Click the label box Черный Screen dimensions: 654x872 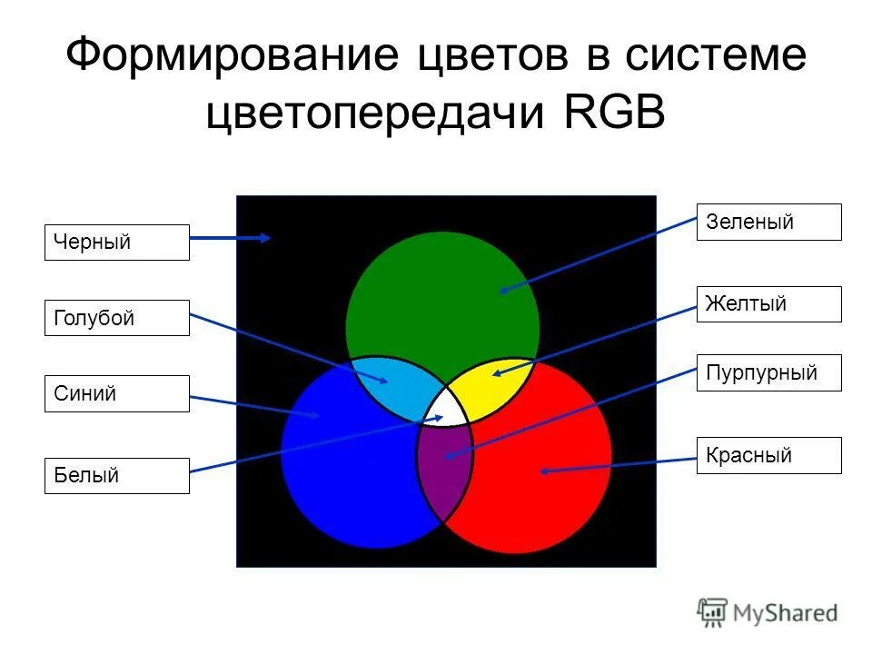pos(116,243)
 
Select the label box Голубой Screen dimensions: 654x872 pos(116,318)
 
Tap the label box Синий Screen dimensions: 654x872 pos(116,393)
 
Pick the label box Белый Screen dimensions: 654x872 pos(116,475)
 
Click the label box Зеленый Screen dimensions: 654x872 pos(768,222)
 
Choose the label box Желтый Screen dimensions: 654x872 pos(768,303)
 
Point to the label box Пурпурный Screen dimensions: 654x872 pos(768,372)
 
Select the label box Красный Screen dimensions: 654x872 pos(768,455)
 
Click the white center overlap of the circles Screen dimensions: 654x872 pos(446,407)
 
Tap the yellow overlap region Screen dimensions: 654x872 pos(496,380)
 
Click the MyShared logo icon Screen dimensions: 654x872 pos(713,612)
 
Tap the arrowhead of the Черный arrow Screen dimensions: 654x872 pos(266,238)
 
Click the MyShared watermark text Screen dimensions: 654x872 pos(785,613)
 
